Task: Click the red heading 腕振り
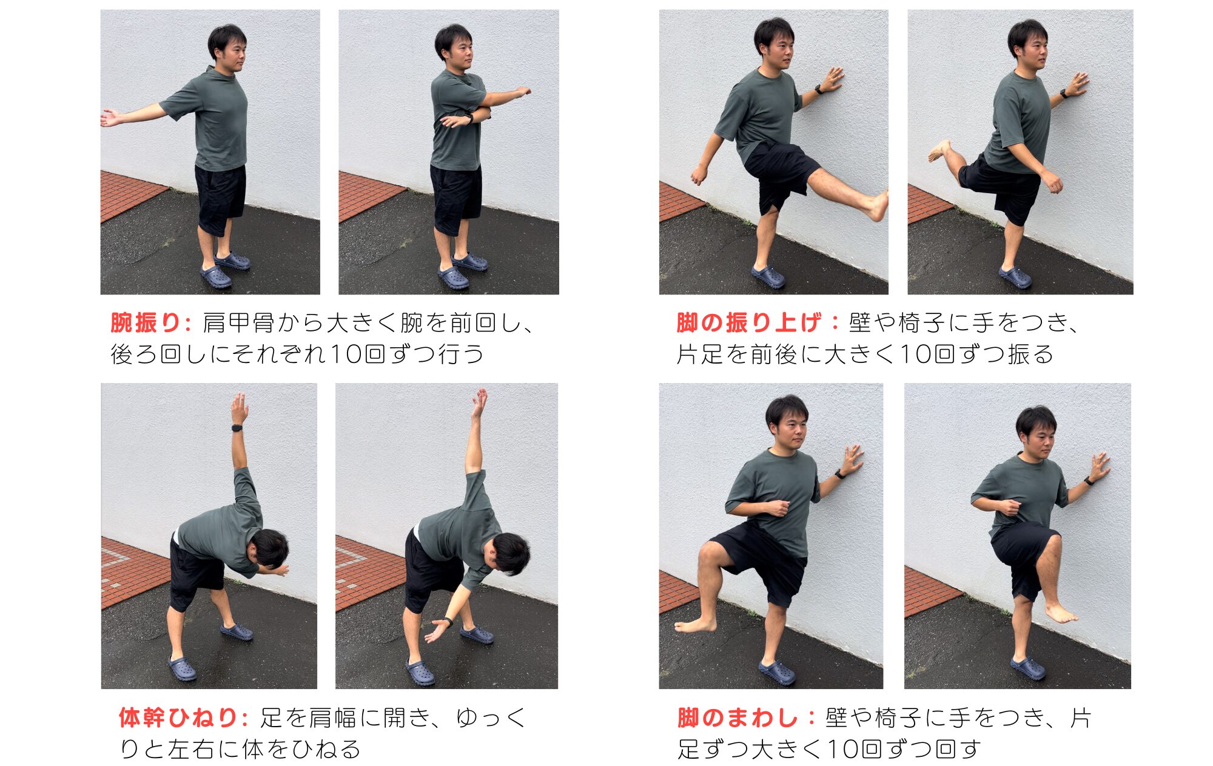pos(146,323)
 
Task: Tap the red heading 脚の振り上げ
pos(749,323)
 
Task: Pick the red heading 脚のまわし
pos(737,718)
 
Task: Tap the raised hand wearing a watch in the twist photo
pos(240,408)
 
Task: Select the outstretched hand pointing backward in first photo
pos(112,118)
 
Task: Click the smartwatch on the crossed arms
pos(469,118)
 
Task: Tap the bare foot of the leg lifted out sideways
pos(695,625)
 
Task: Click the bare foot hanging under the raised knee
pos(1061,613)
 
